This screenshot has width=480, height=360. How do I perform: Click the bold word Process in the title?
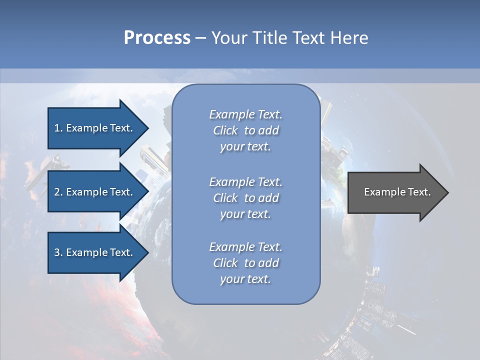click(157, 38)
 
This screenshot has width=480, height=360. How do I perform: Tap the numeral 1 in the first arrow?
click(57, 128)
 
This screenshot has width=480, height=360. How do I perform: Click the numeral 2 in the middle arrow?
click(57, 192)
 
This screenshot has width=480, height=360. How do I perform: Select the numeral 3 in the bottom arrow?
click(57, 252)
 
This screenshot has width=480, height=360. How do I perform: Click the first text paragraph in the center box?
click(245, 130)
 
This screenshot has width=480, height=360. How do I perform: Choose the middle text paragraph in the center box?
click(245, 198)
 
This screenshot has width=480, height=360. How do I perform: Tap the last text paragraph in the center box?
click(245, 263)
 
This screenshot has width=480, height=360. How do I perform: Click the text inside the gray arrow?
click(397, 192)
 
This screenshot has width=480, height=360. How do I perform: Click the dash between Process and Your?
click(200, 38)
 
